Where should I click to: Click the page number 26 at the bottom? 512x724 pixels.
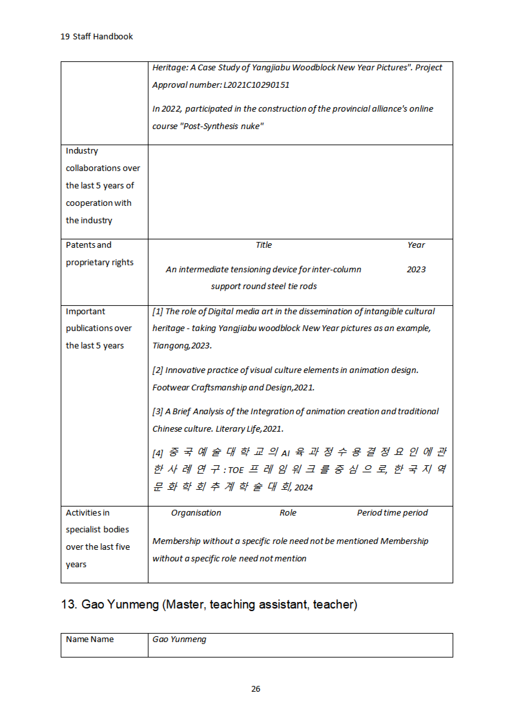(256, 689)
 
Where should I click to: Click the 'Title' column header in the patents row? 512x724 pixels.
(264, 245)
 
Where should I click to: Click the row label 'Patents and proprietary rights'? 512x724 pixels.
(99, 254)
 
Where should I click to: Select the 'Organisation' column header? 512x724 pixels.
(196, 513)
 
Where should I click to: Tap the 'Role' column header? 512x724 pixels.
(288, 513)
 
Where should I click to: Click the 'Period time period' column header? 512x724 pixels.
(392, 513)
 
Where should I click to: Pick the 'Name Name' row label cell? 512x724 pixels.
(90, 639)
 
